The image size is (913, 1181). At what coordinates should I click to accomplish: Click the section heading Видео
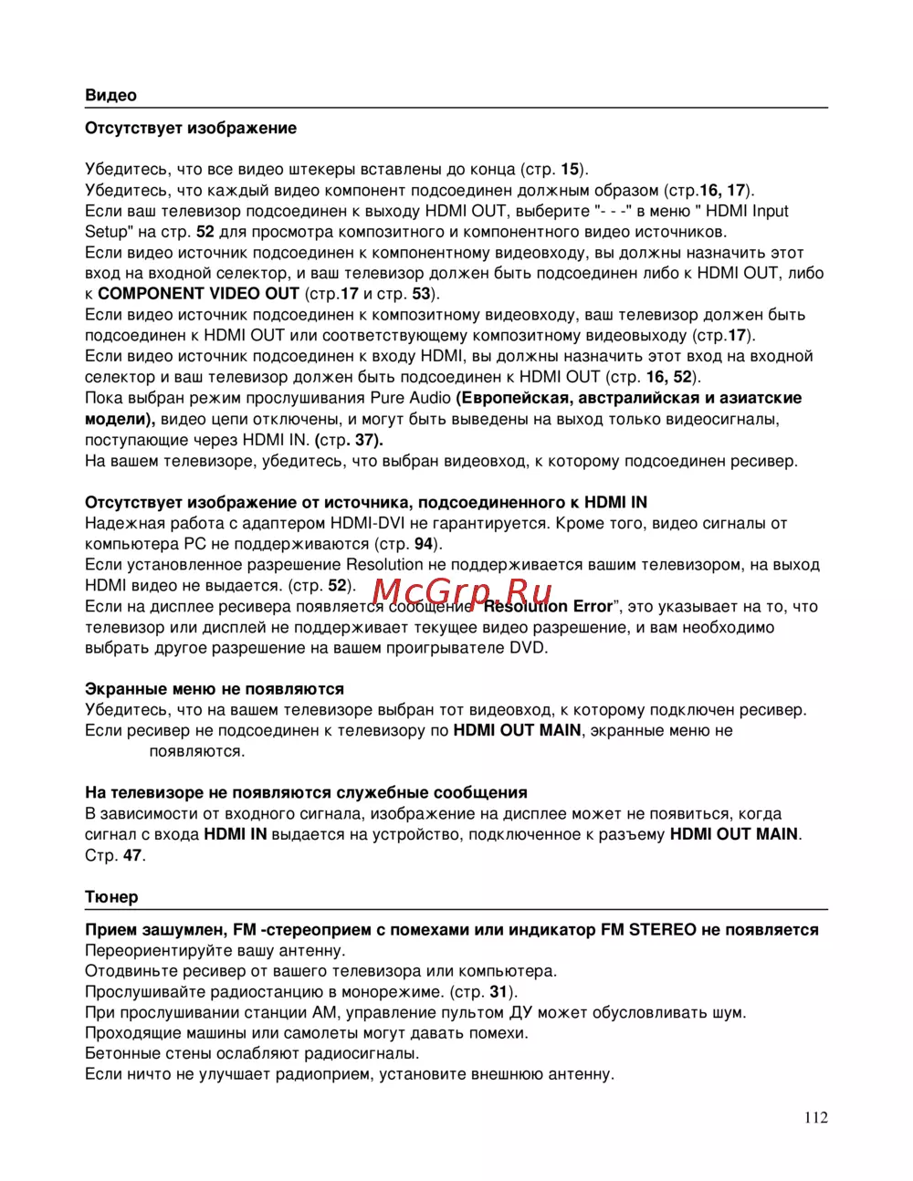point(110,95)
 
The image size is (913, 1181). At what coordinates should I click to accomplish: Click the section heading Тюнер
point(111,896)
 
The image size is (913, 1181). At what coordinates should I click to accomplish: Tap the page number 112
point(816,1117)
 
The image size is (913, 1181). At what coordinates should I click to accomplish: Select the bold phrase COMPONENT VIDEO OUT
point(198,294)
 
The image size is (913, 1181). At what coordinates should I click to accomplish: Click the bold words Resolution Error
point(548,606)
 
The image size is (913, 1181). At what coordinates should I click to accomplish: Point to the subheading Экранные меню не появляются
point(214,689)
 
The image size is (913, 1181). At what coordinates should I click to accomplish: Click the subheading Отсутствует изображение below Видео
point(190,128)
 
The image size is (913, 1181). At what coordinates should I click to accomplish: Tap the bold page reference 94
point(423,544)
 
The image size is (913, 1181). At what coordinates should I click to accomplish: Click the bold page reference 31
point(498,991)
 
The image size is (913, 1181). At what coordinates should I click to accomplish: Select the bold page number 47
point(132,855)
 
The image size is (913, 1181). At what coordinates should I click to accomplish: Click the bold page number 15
point(570,169)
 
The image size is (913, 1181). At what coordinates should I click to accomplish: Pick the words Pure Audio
point(410,398)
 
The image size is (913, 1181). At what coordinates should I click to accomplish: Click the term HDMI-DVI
point(367,523)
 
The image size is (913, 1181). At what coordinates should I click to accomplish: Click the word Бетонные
point(122,1053)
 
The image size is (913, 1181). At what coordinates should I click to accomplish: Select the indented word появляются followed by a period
point(196,751)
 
